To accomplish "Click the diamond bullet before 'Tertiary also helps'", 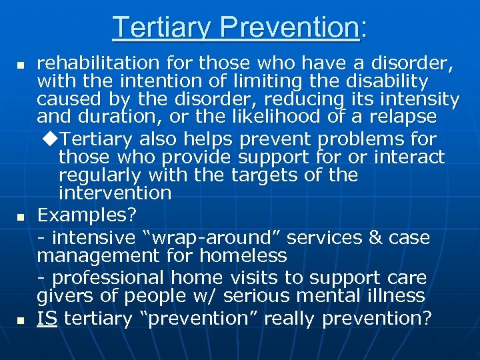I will pyautogui.click(x=54, y=139).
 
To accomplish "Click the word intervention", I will pyautogui.click(x=115, y=194).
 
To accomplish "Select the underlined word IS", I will pyautogui.click(x=47, y=319).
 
